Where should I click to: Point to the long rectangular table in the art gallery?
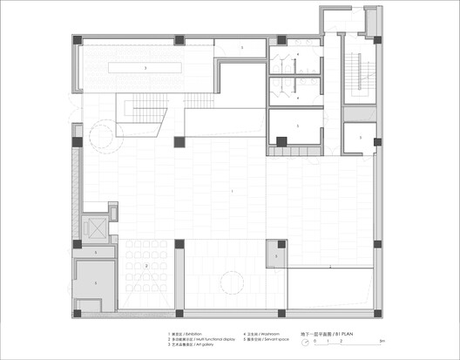coord(145,67)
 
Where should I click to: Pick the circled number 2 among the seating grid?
coord(147,266)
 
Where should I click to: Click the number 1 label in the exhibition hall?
coord(233,190)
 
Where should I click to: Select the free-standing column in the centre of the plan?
coord(179,142)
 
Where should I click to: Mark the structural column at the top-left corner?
coord(78,40)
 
